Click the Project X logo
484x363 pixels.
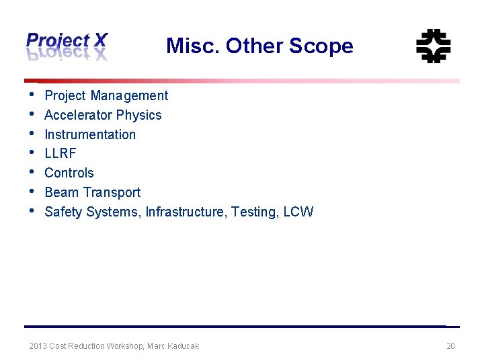point(67,46)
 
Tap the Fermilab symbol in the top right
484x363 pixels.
point(433,46)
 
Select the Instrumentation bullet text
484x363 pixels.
point(90,134)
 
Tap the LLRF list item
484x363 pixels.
point(61,154)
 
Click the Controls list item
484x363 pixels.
point(69,173)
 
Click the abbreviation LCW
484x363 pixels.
point(298,212)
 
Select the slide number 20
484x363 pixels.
point(450,346)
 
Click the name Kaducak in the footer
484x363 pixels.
point(183,346)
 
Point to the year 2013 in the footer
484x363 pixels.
point(38,346)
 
